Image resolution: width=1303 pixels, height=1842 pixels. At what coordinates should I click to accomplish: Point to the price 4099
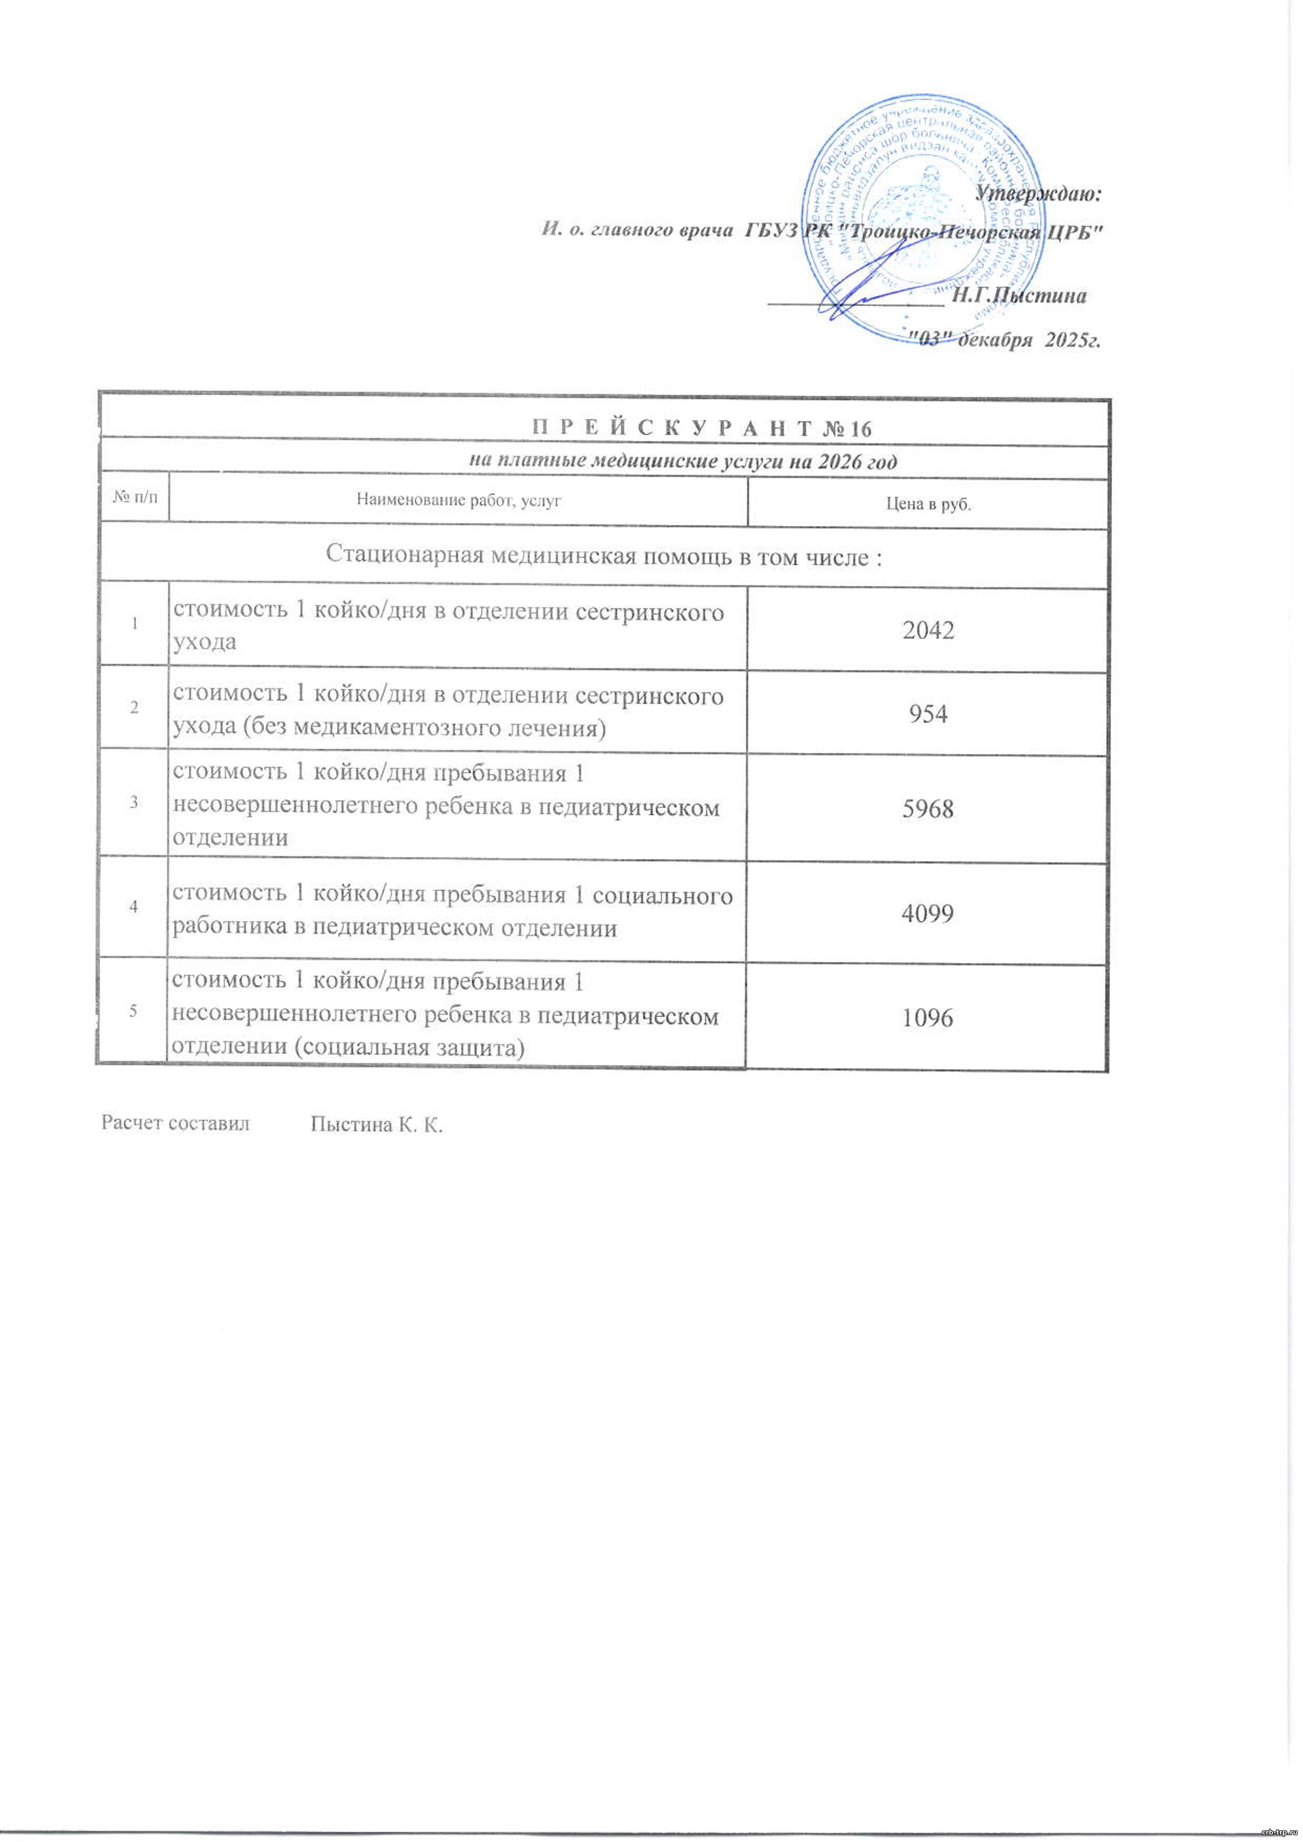pos(927,912)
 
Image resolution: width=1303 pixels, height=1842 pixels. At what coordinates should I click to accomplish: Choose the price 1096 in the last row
pos(927,1017)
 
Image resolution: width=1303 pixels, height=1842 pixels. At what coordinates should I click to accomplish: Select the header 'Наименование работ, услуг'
pos(458,502)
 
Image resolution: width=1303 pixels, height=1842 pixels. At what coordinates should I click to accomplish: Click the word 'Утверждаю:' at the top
pos(1039,193)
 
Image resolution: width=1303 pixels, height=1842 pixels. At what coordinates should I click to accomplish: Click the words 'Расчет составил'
pos(175,1123)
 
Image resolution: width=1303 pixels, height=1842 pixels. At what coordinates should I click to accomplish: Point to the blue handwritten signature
pos(866,281)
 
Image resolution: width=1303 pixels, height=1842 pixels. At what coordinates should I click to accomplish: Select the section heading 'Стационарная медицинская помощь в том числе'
pos(603,556)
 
